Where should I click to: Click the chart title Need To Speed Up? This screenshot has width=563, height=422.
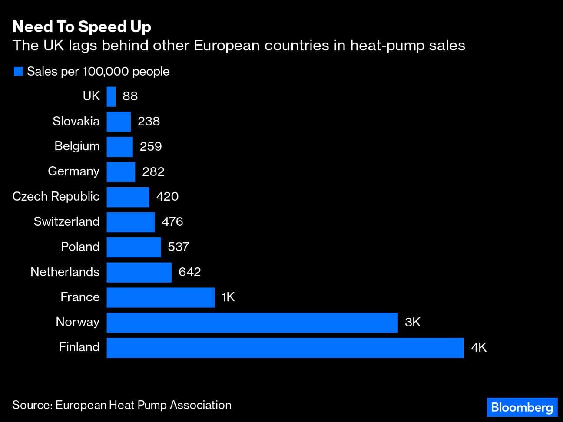82,27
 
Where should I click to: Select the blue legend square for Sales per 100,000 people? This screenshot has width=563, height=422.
18,71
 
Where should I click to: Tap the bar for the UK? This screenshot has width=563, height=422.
111,96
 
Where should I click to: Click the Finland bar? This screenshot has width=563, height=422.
285,347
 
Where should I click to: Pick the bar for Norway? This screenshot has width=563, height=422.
252,322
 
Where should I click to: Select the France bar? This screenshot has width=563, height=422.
160,297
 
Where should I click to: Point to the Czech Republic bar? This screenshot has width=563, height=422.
128,197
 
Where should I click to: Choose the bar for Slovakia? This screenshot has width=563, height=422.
119,121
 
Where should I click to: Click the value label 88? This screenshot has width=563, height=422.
130,96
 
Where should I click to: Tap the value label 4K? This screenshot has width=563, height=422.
478,347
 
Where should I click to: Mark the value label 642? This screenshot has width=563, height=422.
189,272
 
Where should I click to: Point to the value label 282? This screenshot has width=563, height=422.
153,171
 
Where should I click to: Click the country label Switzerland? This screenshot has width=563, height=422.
66,221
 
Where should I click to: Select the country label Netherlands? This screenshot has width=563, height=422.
65,272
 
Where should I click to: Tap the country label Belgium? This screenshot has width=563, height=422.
77,146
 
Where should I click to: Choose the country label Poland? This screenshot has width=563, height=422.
80,247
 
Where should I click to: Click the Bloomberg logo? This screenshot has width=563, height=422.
521,407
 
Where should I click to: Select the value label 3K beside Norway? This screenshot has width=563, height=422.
412,322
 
